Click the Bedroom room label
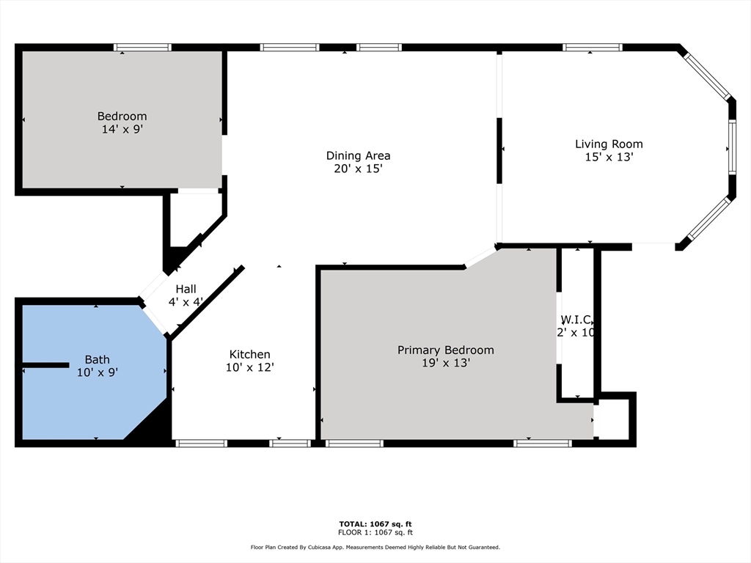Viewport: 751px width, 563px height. pyautogui.click(x=122, y=117)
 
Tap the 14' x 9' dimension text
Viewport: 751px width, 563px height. pyautogui.click(x=122, y=129)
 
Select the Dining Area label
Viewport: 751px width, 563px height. pyautogui.click(x=358, y=155)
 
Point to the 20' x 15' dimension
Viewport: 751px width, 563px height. pyautogui.click(x=358, y=169)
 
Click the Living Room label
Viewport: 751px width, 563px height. pyautogui.click(x=609, y=144)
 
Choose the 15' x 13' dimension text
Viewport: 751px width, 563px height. pyautogui.click(x=609, y=157)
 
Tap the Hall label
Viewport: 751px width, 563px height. pyautogui.click(x=186, y=289)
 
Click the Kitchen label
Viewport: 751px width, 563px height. pyautogui.click(x=249, y=354)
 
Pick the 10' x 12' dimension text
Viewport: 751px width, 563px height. pyautogui.click(x=249, y=367)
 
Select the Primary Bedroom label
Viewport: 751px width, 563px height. pyautogui.click(x=445, y=350)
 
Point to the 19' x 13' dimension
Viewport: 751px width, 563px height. pyautogui.click(x=445, y=363)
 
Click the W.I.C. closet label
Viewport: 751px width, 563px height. pyautogui.click(x=576, y=320)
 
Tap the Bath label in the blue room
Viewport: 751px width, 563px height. pyautogui.click(x=98, y=359)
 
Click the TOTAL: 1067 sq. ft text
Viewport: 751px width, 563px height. pyautogui.click(x=375, y=524)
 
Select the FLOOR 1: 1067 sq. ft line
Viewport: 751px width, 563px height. pyautogui.click(x=375, y=532)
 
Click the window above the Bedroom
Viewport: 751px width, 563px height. pyautogui.click(x=142, y=48)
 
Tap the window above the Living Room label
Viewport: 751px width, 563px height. pyautogui.click(x=593, y=48)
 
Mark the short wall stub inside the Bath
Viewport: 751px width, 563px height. pyautogui.click(x=46, y=365)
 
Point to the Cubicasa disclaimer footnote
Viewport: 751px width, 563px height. pyautogui.click(x=375, y=547)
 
